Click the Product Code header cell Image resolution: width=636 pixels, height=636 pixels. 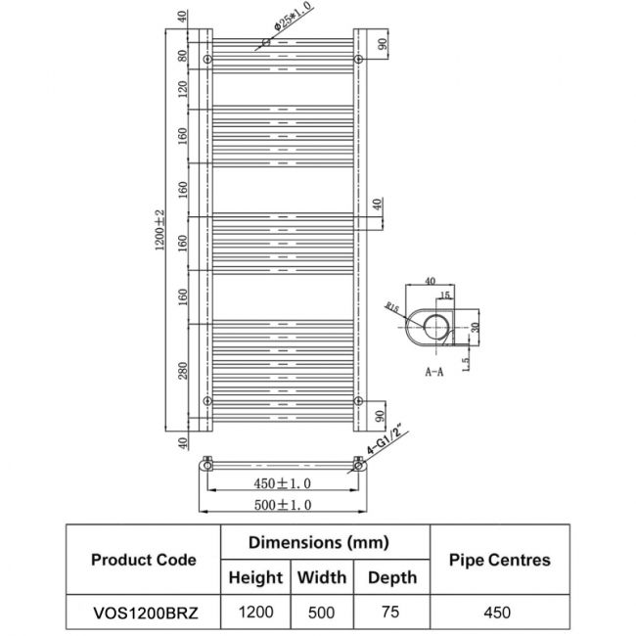[143, 560]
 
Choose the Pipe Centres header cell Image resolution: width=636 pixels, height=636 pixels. [499, 560]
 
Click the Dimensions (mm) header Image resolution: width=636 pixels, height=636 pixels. [318, 542]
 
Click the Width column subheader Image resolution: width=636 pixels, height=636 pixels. [322, 577]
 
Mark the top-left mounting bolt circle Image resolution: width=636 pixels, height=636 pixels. [207, 61]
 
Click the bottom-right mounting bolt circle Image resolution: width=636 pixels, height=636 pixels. [359, 401]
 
